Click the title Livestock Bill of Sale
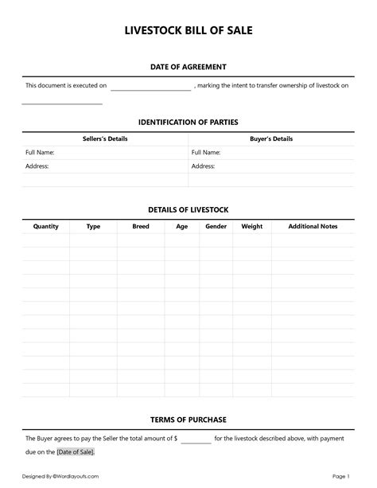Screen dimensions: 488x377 [x=188, y=31]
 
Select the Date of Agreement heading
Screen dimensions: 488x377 [x=188, y=67]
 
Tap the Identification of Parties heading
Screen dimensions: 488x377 [x=188, y=122]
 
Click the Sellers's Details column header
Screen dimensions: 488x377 [x=105, y=139]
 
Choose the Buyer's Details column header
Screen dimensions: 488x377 [x=271, y=139]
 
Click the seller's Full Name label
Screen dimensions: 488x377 [x=39, y=152]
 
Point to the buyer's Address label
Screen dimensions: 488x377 [x=204, y=166]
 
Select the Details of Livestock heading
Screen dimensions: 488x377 [x=188, y=209]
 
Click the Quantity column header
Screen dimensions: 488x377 [x=45, y=226]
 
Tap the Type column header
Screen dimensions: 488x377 [x=93, y=226]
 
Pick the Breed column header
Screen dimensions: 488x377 [x=141, y=226]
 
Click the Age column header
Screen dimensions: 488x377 [x=182, y=226]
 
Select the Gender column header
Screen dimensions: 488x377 [x=216, y=226]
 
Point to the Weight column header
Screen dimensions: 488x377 [x=251, y=226]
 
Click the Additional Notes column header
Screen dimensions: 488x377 [x=313, y=226]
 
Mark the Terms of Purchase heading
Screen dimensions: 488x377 [x=188, y=419]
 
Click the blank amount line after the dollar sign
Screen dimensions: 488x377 [x=196, y=439]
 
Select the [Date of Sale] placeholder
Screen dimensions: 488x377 [x=76, y=452]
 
